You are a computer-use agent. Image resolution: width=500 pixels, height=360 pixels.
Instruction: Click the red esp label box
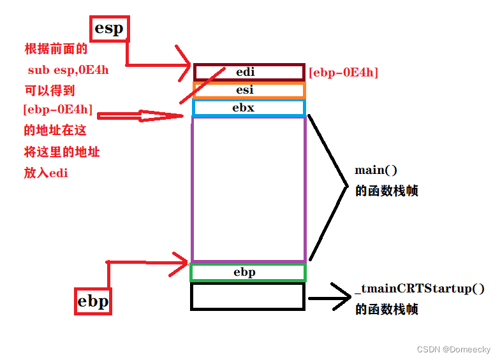pyautogui.click(x=109, y=29)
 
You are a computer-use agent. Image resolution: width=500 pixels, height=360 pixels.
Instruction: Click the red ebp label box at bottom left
pyautogui.click(x=92, y=300)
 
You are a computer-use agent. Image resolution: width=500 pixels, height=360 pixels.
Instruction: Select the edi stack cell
pyautogui.click(x=249, y=72)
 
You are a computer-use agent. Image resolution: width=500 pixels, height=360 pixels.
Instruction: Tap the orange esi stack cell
pyautogui.click(x=249, y=90)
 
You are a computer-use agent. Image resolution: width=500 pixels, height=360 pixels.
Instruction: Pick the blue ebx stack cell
pyautogui.click(x=249, y=108)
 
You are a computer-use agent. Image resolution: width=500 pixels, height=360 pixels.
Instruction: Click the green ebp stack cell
pyautogui.click(x=248, y=273)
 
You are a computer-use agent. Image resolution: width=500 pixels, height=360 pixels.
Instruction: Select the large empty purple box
pyautogui.click(x=248, y=189)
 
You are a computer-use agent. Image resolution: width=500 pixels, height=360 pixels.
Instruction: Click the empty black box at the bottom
pyautogui.click(x=248, y=296)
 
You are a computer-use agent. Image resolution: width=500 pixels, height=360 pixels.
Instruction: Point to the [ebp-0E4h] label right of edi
pyautogui.click(x=343, y=73)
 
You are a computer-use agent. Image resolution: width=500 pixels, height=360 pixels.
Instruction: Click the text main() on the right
pyautogui.click(x=376, y=170)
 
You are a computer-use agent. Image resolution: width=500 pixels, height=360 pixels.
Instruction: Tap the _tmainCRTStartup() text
pyautogui.click(x=415, y=289)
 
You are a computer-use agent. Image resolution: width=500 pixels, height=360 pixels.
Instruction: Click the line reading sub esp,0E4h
pyautogui.click(x=68, y=69)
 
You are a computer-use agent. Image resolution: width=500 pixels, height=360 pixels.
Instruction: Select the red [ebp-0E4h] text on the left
pyautogui.click(x=57, y=110)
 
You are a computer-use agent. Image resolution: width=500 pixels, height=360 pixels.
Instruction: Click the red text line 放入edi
pyautogui.click(x=46, y=173)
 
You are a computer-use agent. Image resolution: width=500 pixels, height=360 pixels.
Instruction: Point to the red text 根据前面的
pyautogui.click(x=55, y=49)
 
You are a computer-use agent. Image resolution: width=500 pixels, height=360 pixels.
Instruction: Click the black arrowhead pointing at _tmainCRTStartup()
pyautogui.click(x=342, y=298)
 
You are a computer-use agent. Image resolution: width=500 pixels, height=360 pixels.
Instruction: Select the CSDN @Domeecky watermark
pyautogui.click(x=453, y=349)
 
